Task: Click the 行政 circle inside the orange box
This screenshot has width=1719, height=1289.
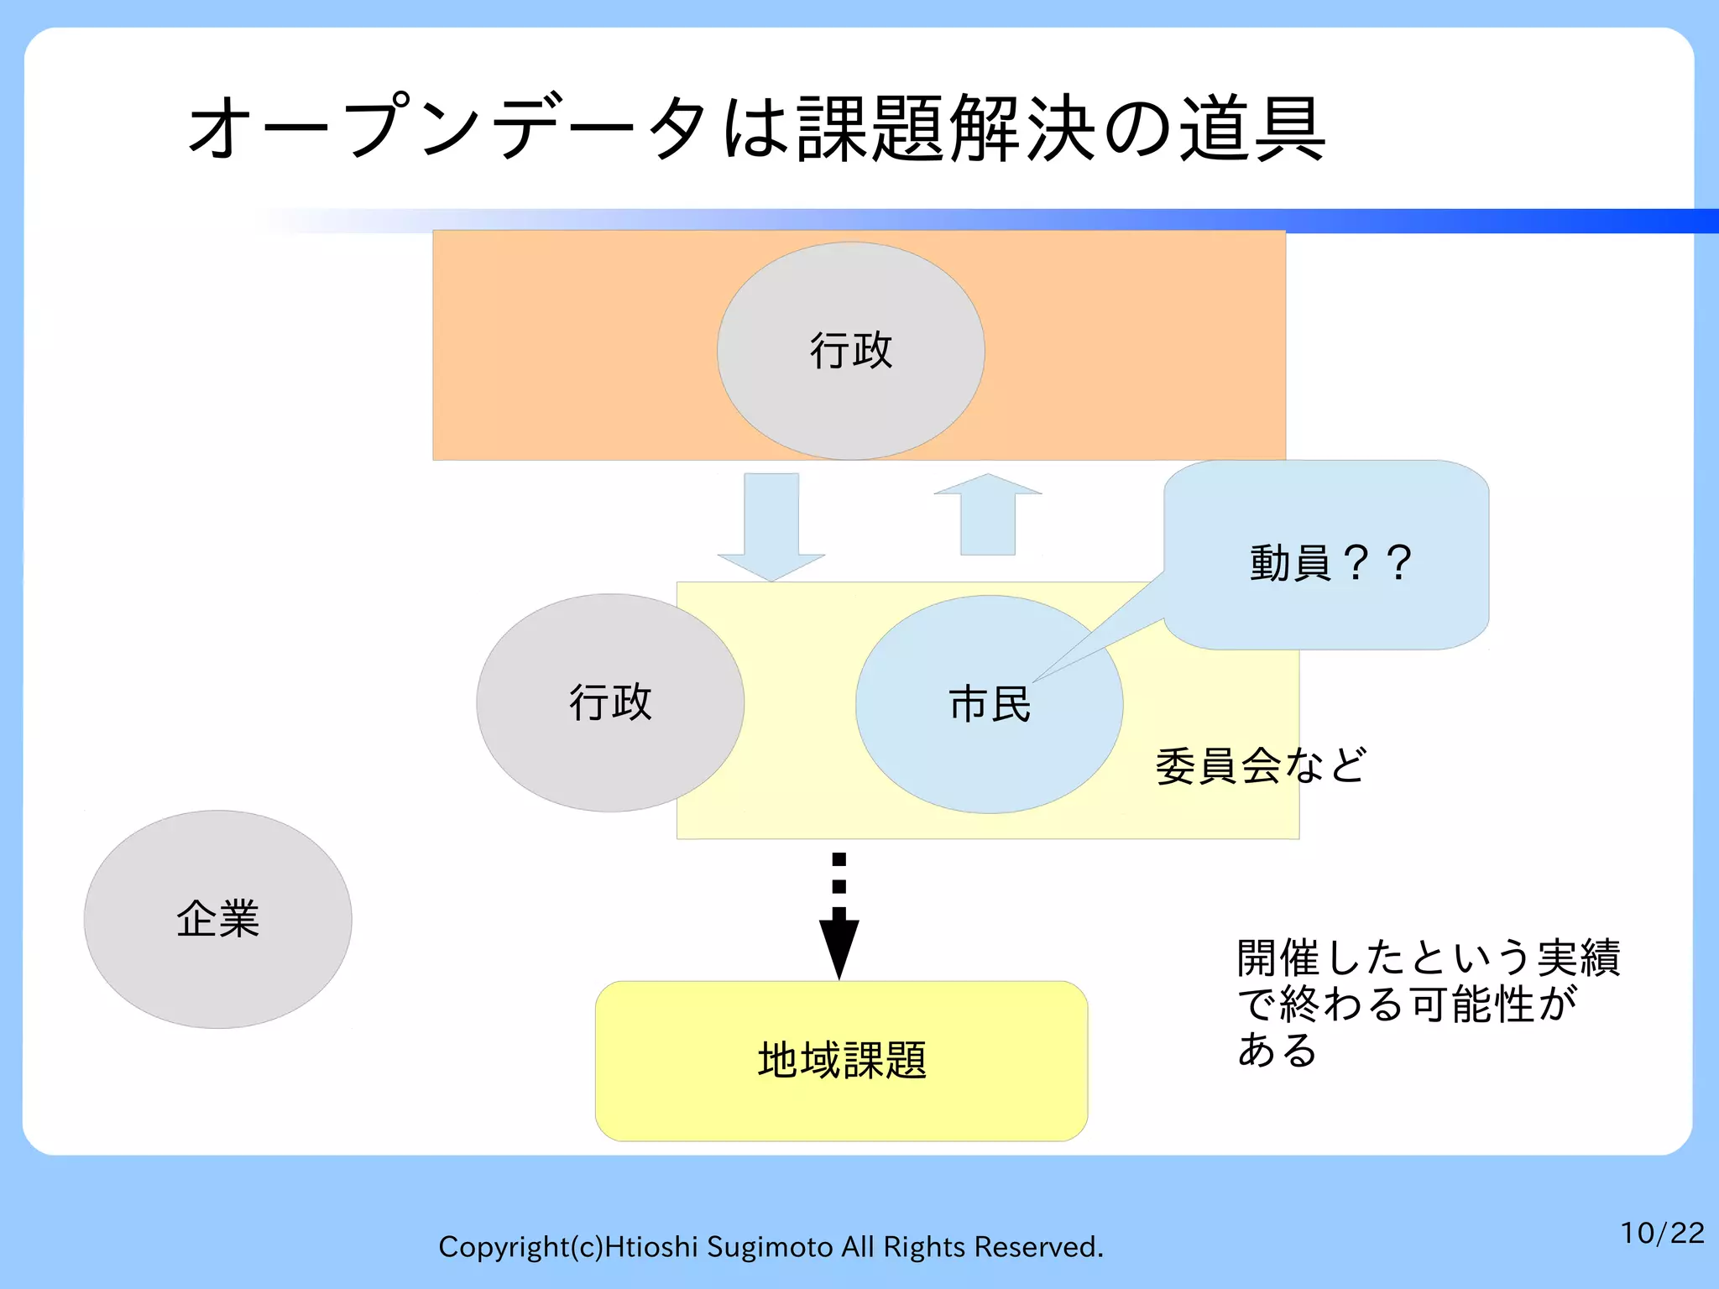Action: [x=850, y=351]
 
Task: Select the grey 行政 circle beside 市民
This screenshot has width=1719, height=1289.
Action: [x=610, y=702]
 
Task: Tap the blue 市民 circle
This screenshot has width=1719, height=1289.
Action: [x=989, y=704]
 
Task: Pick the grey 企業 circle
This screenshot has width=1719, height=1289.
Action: [x=217, y=919]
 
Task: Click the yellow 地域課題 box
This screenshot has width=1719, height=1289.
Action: [x=841, y=1061]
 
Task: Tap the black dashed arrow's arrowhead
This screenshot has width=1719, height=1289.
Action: [x=839, y=947]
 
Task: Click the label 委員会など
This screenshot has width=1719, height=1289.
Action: [x=1261, y=765]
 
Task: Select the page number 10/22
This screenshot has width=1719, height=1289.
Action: [x=1661, y=1233]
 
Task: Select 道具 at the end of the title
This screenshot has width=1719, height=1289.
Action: [x=1252, y=128]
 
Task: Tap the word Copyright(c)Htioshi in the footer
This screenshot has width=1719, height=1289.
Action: [x=567, y=1247]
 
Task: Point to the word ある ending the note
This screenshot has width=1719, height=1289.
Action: [x=1277, y=1050]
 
